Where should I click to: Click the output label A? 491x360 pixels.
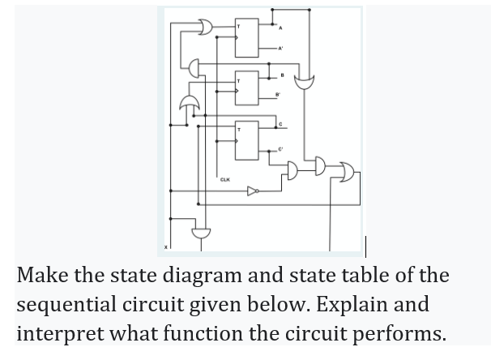pyautogui.click(x=280, y=30)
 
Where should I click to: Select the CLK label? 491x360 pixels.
pyautogui.click(x=224, y=180)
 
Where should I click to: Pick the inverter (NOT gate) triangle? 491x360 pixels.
pyautogui.click(x=253, y=192)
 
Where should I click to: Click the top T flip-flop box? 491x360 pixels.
pyautogui.click(x=245, y=37)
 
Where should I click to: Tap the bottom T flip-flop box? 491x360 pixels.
pyautogui.click(x=245, y=139)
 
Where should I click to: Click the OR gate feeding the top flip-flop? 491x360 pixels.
pyautogui.click(x=202, y=29)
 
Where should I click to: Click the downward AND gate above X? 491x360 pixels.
pyautogui.click(x=200, y=233)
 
